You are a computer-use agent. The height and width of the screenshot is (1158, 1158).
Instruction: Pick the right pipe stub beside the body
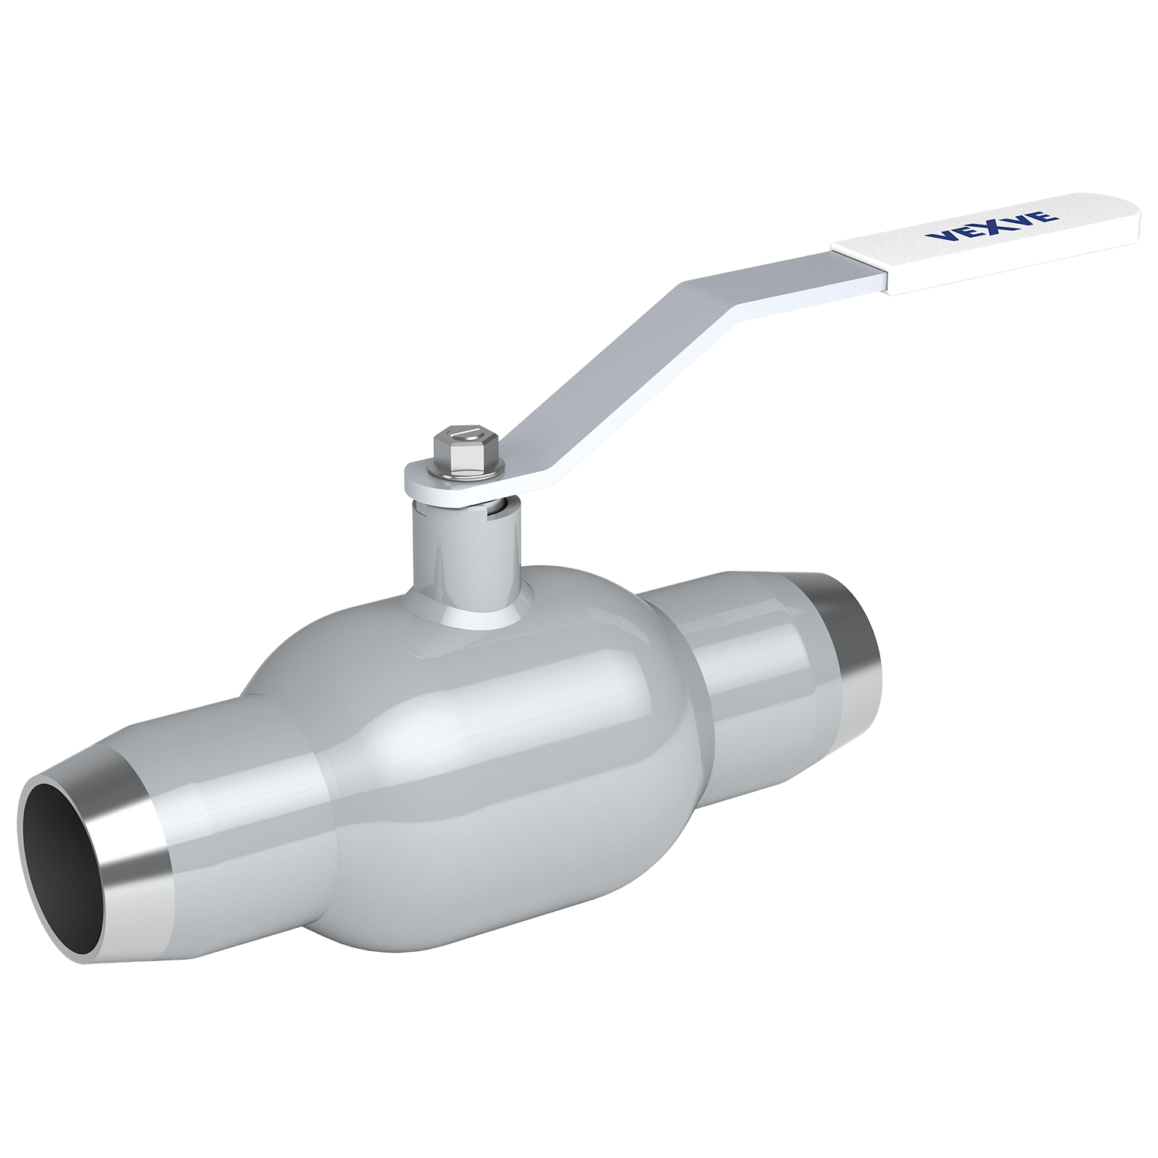[764, 656]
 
